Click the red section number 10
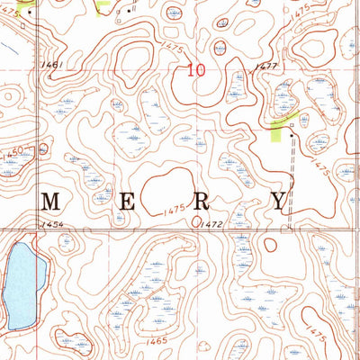pos(196,69)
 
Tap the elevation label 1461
pos(51,65)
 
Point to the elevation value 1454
pos(49,223)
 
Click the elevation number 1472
pos(211,222)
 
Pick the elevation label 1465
pos(159,342)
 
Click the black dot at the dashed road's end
pos(292,136)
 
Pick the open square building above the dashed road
pos(292,126)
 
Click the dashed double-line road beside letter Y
pos(292,180)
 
